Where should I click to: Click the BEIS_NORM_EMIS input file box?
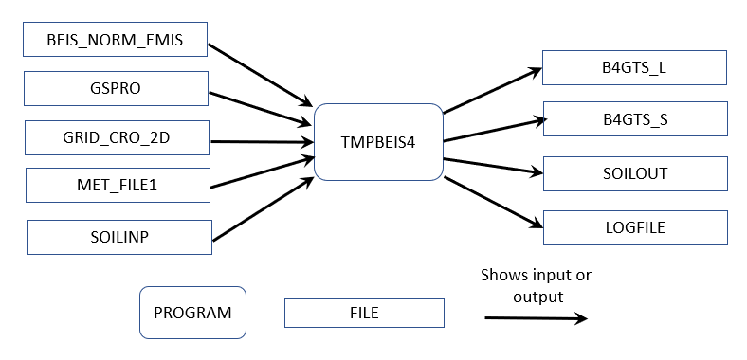pyautogui.click(x=114, y=40)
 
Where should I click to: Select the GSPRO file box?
pyautogui.click(x=114, y=88)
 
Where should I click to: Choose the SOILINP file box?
pyautogui.click(x=119, y=237)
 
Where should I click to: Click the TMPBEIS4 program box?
pyautogui.click(x=378, y=142)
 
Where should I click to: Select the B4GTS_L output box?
pyautogui.click(x=634, y=68)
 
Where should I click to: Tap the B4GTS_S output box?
pyautogui.click(x=634, y=119)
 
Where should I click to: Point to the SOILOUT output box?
pyautogui.click(x=634, y=173)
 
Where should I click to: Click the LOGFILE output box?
pyautogui.click(x=634, y=227)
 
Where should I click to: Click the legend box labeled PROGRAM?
pyautogui.click(x=192, y=312)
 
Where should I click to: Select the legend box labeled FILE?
pyautogui.click(x=364, y=313)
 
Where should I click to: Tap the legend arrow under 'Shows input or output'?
pyautogui.click(x=535, y=319)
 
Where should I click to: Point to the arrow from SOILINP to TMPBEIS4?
pyautogui.click(x=263, y=208)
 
